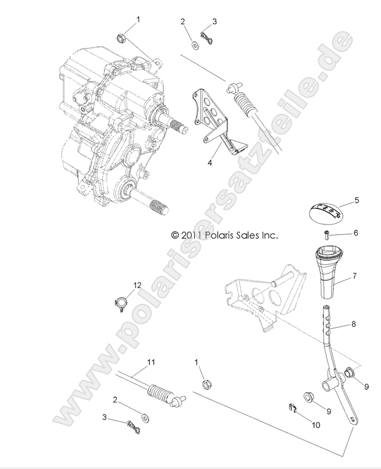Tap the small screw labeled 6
pos(328,234)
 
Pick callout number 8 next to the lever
pos(355,323)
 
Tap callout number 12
pos(138,285)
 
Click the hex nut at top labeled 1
pos(120,38)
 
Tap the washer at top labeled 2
pos(194,44)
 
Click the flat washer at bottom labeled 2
pos(145,417)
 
